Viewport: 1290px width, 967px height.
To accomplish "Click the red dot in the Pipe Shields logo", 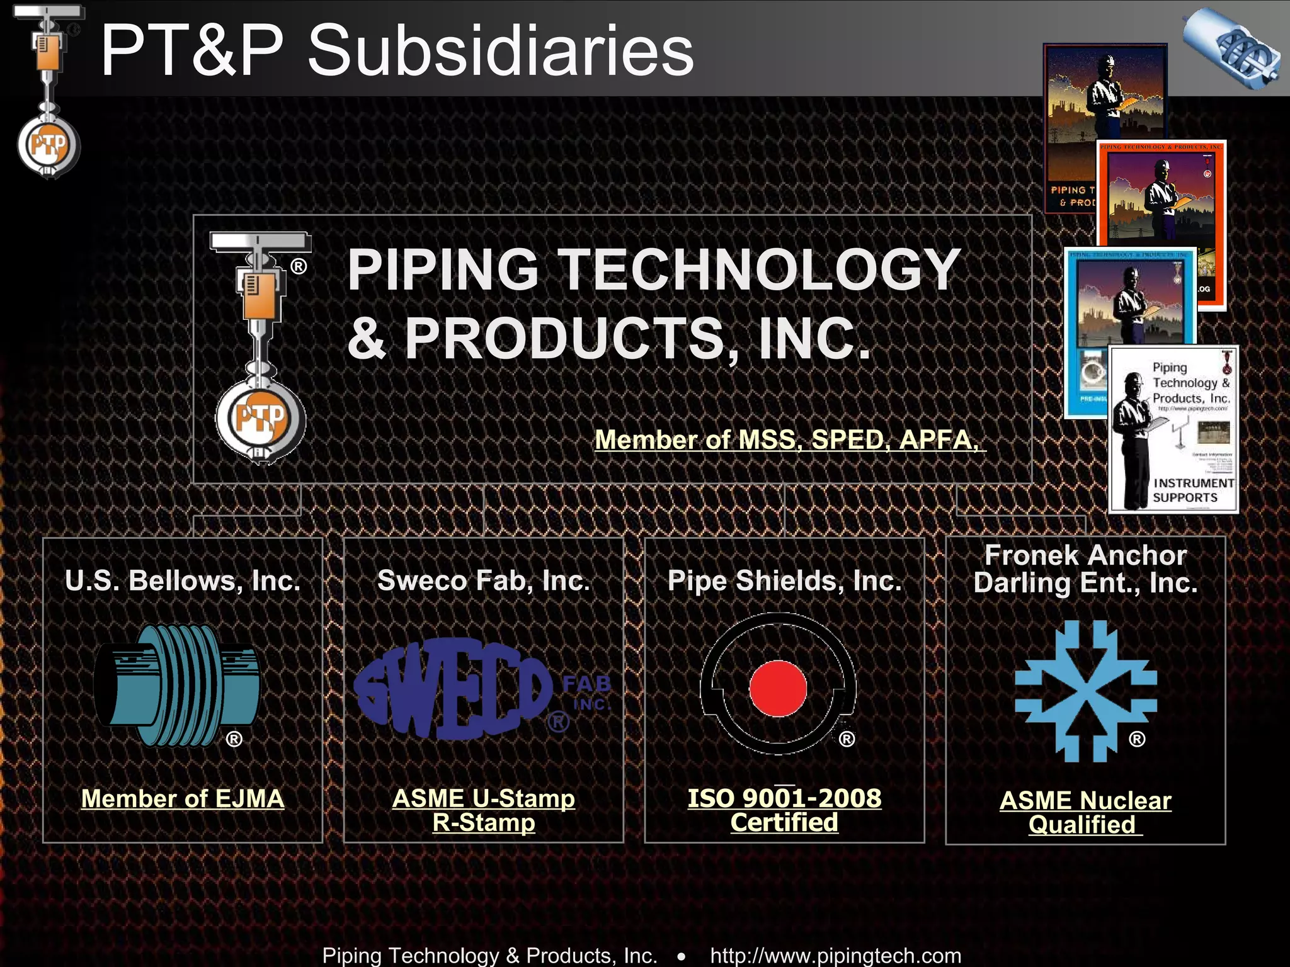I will [x=778, y=688].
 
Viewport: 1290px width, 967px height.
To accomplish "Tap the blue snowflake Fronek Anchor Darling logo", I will [x=1085, y=691].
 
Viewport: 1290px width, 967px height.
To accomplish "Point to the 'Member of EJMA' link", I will [x=183, y=798].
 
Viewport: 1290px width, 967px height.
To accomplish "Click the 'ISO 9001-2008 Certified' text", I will [x=784, y=810].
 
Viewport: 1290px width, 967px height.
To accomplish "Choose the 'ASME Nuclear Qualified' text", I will [x=1085, y=812].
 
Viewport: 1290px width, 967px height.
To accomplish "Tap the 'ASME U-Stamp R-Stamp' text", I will [x=483, y=810].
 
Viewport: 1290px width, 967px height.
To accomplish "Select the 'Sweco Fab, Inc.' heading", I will [x=483, y=580].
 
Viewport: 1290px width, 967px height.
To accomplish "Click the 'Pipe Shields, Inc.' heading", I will [x=784, y=580].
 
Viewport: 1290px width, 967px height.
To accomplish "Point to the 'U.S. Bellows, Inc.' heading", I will [x=183, y=580].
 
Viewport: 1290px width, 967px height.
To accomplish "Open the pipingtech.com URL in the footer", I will [x=835, y=955].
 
